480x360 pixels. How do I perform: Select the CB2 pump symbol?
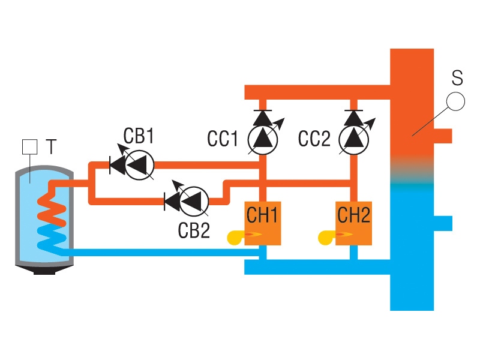194,200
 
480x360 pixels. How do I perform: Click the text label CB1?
139,136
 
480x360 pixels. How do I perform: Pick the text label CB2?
194,230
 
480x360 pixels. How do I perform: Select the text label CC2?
314,139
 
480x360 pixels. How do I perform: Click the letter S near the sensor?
457,77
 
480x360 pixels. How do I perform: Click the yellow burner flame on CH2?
328,237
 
